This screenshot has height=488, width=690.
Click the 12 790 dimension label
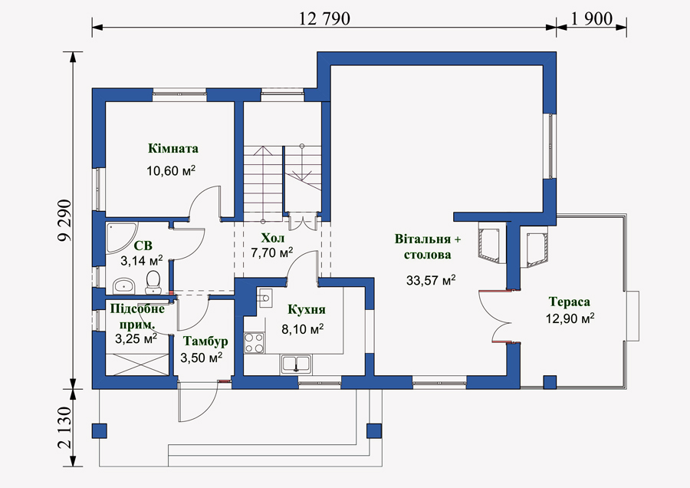pyautogui.click(x=324, y=18)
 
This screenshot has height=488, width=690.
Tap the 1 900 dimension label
pyautogui.click(x=591, y=18)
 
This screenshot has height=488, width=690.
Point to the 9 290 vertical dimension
pyautogui.click(x=64, y=221)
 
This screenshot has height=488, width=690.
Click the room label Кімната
pyautogui.click(x=173, y=148)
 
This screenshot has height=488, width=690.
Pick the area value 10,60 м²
pyautogui.click(x=171, y=170)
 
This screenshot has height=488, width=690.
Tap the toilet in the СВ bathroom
pyautogui.click(x=153, y=282)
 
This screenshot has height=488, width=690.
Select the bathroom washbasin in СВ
pyautogui.click(x=123, y=285)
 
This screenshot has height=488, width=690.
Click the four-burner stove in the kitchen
pyautogui.click(x=255, y=343)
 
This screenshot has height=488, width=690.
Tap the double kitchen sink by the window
pyautogui.click(x=296, y=365)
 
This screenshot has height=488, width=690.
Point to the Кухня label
pyautogui.click(x=307, y=309)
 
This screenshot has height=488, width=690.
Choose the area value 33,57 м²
pyautogui.click(x=431, y=280)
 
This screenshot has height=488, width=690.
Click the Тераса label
pyautogui.click(x=570, y=302)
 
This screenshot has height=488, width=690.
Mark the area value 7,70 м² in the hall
pyautogui.click(x=272, y=252)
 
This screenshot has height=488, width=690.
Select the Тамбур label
pyautogui.click(x=205, y=341)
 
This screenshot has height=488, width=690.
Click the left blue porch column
pyautogui.click(x=100, y=430)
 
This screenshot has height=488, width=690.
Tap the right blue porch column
pyautogui.click(x=374, y=430)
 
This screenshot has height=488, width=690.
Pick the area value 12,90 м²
pyautogui.click(x=570, y=318)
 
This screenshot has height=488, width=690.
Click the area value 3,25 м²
pyautogui.click(x=136, y=338)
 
